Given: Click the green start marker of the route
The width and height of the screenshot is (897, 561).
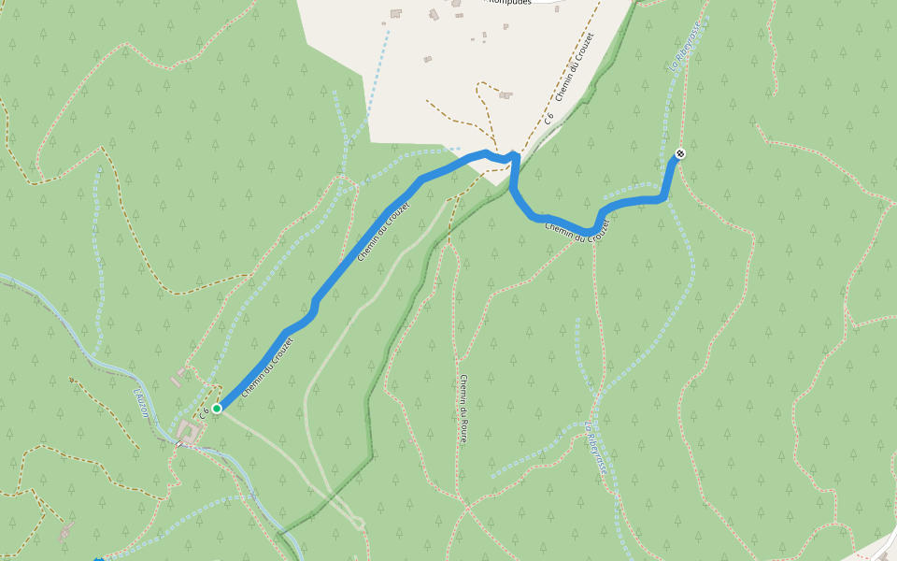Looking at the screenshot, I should pyautogui.click(x=217, y=408).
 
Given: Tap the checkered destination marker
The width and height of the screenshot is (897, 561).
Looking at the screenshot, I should pyautogui.click(x=680, y=153).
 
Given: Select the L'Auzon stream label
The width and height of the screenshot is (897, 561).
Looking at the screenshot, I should pyautogui.click(x=143, y=403).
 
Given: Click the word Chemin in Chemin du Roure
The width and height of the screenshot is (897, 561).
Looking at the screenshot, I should pyautogui.click(x=463, y=388).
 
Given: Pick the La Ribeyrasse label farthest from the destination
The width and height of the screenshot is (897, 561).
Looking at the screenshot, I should pyautogui.click(x=595, y=451).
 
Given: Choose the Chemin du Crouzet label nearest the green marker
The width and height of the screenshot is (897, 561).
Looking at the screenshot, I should pyautogui.click(x=267, y=367).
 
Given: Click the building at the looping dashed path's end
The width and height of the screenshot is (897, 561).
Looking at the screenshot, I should pyautogui.click(x=505, y=94).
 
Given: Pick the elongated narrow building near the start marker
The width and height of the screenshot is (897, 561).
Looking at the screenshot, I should pyautogui.click(x=179, y=377).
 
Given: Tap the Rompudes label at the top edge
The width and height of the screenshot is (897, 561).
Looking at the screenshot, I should pyautogui.click(x=508, y=2).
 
